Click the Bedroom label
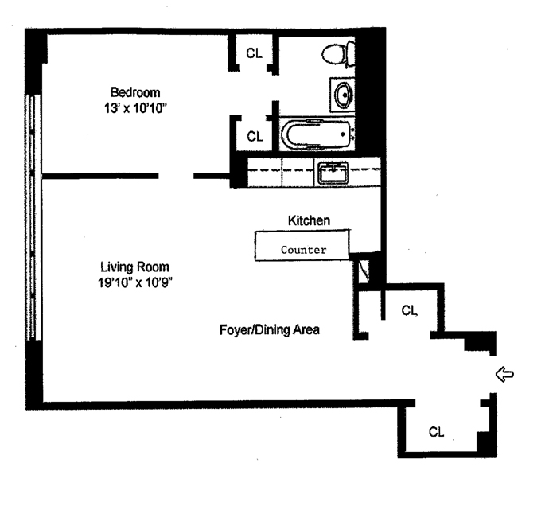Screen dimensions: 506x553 click(x=135, y=91)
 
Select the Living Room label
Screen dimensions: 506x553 click(x=135, y=267)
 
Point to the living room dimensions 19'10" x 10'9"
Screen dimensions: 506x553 click(x=135, y=281)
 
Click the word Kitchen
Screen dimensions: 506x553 click(x=309, y=220)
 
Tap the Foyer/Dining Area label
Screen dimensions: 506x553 click(x=271, y=329)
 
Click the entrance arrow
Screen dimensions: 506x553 click(x=504, y=375)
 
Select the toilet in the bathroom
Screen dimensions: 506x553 click(x=337, y=53)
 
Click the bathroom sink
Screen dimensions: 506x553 click(x=343, y=95)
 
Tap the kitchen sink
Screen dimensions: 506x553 click(x=333, y=172)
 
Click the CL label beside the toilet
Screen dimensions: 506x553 click(x=254, y=53)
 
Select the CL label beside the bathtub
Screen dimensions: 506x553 click(x=254, y=137)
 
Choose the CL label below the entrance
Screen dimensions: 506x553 click(x=436, y=432)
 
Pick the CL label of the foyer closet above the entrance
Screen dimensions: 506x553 click(x=410, y=310)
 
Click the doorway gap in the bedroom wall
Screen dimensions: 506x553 click(x=176, y=176)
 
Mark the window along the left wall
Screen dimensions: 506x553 click(x=33, y=215)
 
